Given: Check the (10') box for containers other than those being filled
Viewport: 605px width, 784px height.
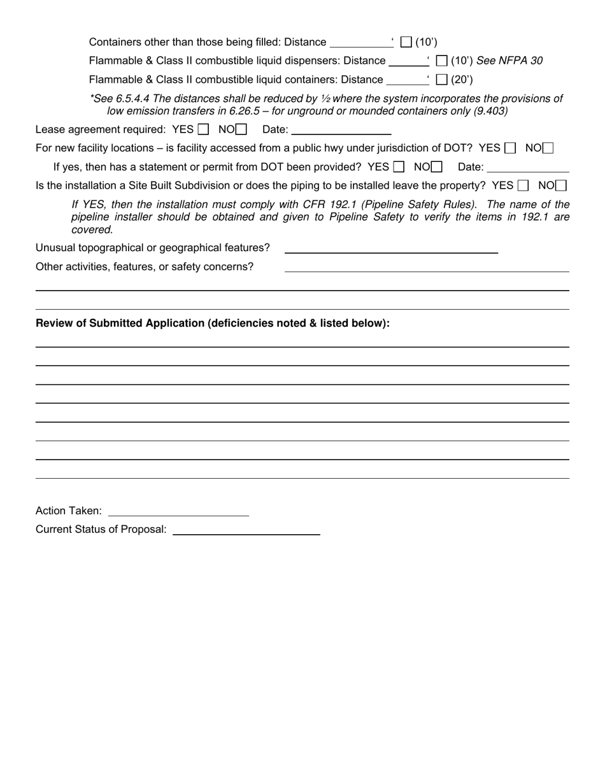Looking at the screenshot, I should coord(406,43).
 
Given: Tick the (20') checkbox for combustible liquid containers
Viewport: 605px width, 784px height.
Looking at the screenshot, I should coord(442,80).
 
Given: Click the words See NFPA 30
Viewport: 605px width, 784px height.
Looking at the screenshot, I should coord(509,61).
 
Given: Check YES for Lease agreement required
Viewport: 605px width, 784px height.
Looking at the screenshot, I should coord(203,129).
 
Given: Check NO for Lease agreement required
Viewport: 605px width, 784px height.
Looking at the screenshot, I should coord(241,129).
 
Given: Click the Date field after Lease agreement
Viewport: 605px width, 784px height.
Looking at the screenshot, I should coord(341,129).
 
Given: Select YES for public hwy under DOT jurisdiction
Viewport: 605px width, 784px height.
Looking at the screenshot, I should coord(509,148).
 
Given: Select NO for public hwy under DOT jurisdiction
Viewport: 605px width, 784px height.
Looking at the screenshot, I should coord(548,148).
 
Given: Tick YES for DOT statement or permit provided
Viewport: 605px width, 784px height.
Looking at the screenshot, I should coord(399,167).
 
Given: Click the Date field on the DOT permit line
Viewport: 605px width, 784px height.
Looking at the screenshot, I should coord(528,167).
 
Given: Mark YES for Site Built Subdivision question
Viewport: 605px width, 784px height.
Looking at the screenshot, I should coord(523,185).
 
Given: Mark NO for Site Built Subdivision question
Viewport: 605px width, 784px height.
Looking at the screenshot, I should coord(561,185).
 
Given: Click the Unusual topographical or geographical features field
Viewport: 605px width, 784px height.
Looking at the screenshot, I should coord(391,248).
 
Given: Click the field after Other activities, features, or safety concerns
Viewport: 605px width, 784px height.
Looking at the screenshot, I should coord(427,266).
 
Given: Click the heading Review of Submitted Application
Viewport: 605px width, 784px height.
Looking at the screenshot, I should coord(212,323).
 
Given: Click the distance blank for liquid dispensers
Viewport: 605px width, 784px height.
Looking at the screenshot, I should coord(408,61).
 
